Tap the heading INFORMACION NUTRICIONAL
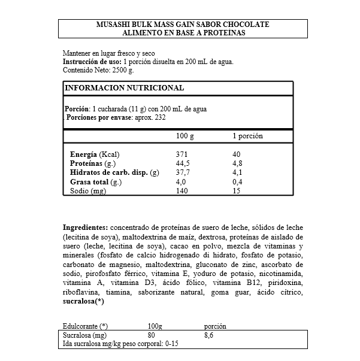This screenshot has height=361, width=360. coord(123,88)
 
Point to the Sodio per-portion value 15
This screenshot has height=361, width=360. coord(237,191)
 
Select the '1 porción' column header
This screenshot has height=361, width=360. coord(247,136)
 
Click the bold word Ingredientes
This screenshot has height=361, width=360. coord(86,227)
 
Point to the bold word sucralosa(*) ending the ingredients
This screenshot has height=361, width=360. coord(84,301)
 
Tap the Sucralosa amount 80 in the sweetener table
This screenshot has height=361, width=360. coord(152,336)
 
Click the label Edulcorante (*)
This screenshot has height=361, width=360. coord(86,326)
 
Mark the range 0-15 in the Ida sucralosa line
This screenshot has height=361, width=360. coord(174,345)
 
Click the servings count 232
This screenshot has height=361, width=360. coord(159,117)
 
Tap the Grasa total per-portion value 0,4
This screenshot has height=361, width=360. coord(238,181)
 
